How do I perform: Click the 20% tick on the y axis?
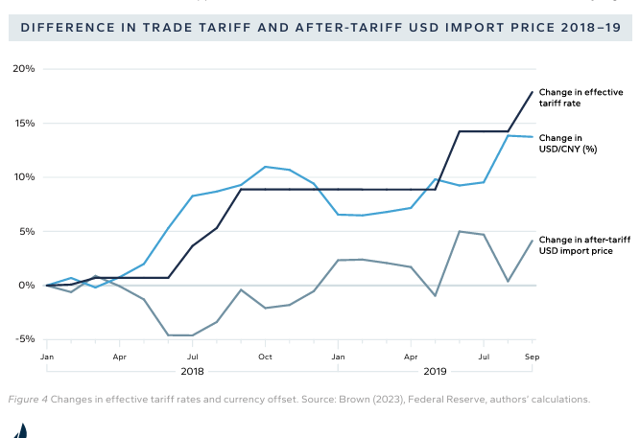[24, 69]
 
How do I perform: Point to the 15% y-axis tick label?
[24, 123]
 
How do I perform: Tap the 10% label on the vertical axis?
[24, 177]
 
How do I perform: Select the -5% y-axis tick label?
[24, 339]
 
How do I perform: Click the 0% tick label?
[27, 286]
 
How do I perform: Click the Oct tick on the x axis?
[265, 357]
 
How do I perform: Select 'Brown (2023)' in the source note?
[363, 399]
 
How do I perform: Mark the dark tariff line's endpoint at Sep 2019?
[533, 92]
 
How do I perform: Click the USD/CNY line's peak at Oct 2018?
[265, 167]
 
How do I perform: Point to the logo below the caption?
[20, 429]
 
